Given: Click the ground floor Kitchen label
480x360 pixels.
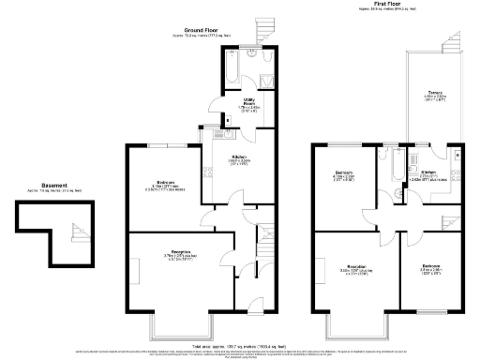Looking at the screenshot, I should pyautogui.click(x=239, y=157).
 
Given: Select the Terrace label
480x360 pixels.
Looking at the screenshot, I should pyautogui.click(x=435, y=92).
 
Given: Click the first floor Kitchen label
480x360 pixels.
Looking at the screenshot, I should pyautogui.click(x=427, y=173).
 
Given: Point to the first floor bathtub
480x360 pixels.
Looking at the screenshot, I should pyautogui.click(x=385, y=167).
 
